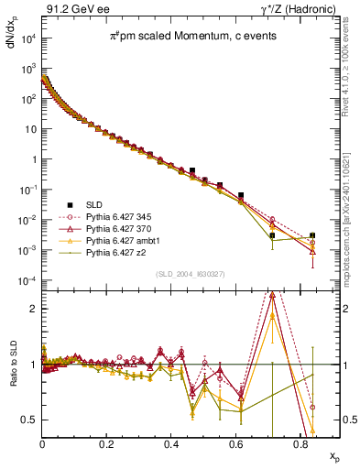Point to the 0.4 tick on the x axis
[x=171, y=446]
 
